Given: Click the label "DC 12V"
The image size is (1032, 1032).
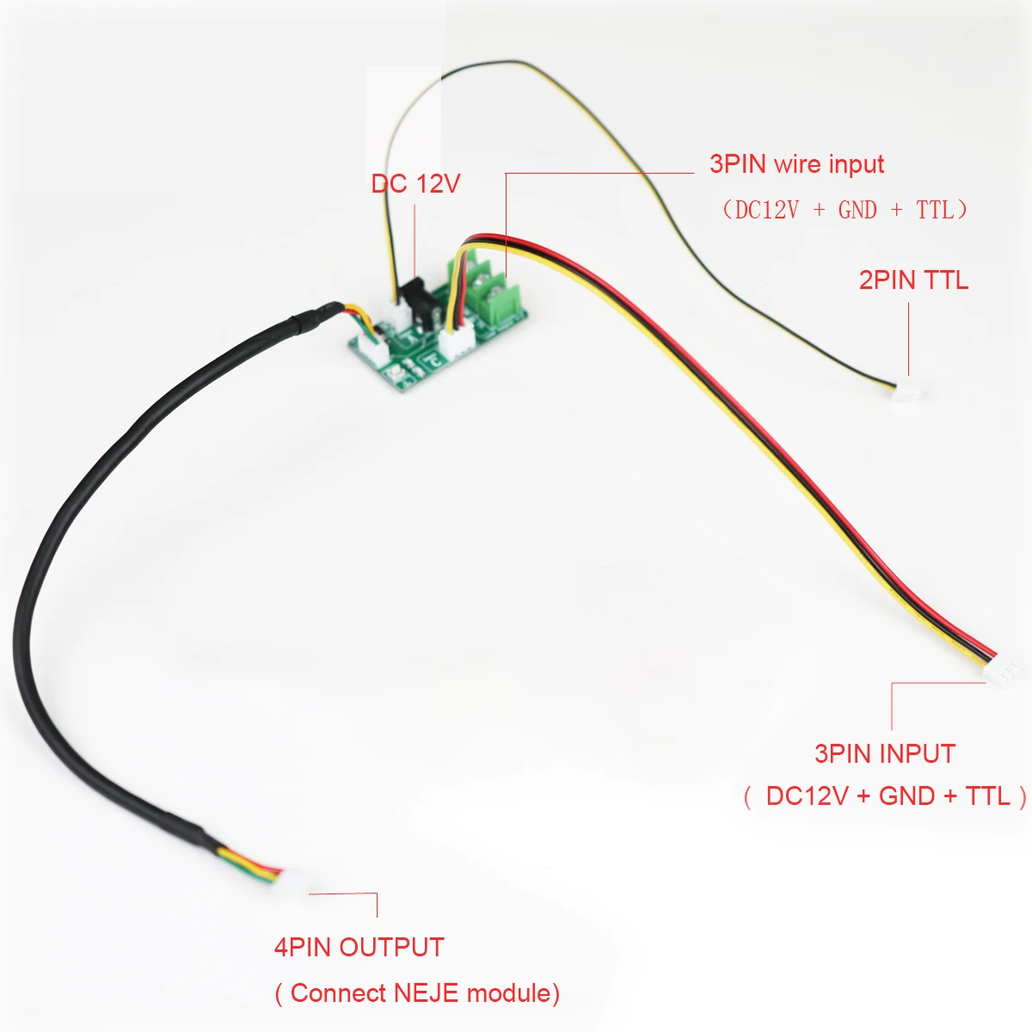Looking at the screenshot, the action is coord(415,184).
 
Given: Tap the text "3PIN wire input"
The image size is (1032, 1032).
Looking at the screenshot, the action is coord(796,164).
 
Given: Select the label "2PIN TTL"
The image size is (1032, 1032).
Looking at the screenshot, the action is coord(913,279).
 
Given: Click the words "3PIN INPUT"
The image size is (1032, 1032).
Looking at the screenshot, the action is coord(884,753).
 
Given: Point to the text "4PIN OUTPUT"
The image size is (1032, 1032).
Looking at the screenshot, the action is coord(359,947).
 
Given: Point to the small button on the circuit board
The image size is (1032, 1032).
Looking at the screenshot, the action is coord(394,374).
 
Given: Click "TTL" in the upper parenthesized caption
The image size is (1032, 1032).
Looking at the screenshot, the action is coord(935,209).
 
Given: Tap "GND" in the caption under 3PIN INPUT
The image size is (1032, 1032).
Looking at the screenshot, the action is coord(907,795).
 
